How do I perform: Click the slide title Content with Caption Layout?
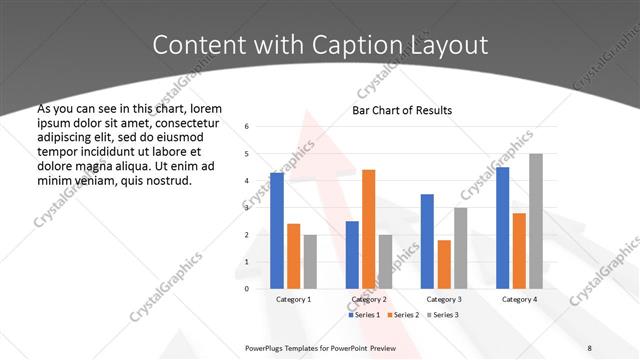320,45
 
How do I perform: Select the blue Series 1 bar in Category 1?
277,230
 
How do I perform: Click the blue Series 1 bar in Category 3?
427,241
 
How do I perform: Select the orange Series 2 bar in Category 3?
444,264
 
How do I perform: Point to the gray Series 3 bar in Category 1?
310,261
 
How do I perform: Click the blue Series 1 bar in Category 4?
502,227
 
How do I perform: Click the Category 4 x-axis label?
519,299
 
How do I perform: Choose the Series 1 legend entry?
367,315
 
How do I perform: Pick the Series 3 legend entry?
443,315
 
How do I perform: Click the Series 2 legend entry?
405,315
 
